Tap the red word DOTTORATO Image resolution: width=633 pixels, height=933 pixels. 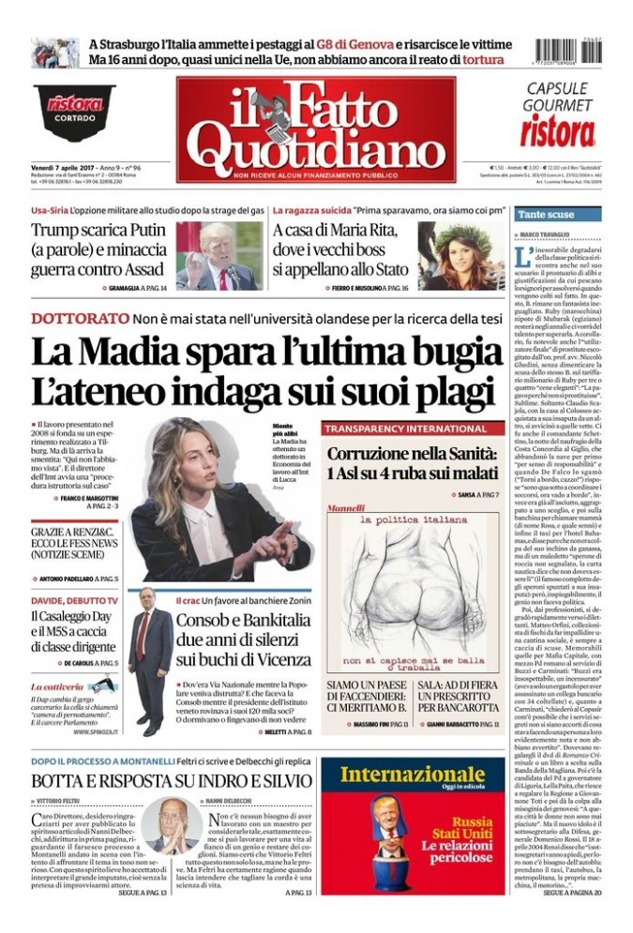click(x=79, y=318)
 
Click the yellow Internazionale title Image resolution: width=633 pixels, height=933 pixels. click(x=412, y=775)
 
